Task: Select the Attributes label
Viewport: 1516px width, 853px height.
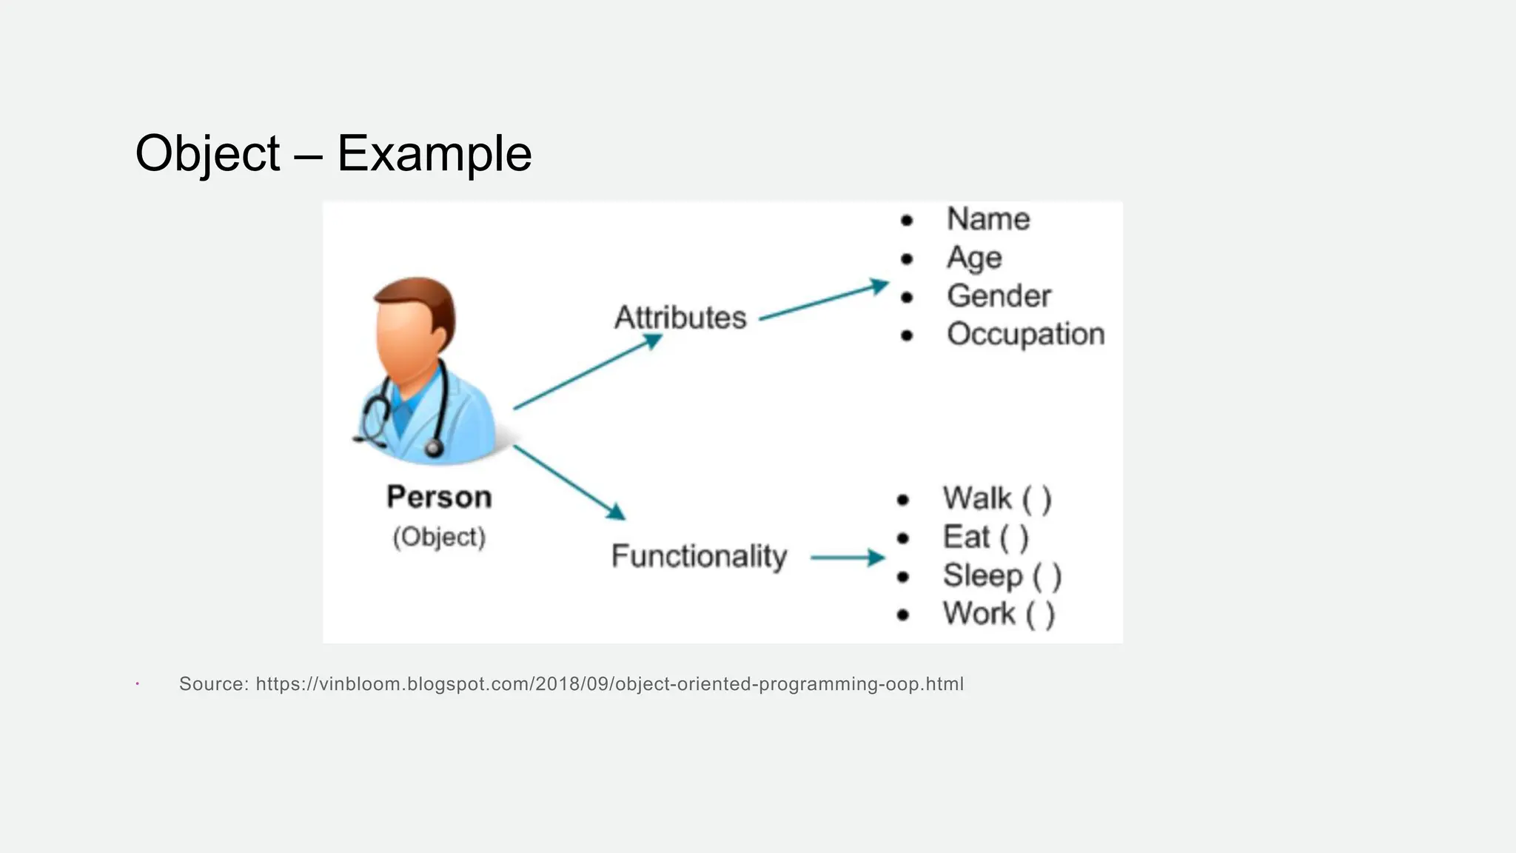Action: coord(680,317)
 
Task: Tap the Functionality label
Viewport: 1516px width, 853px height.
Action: coord(699,556)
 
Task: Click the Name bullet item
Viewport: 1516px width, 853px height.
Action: coord(988,219)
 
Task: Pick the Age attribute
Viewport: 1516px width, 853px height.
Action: coord(974,258)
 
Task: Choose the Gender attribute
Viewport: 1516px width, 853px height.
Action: coord(999,296)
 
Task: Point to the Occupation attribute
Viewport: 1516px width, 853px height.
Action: coord(1025,334)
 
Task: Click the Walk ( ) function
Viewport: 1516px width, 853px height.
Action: coord(996,498)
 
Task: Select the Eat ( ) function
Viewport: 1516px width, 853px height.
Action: coord(985,537)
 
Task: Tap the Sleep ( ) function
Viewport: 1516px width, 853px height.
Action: coord(1002,575)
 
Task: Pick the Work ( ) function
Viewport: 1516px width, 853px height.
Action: coord(998,614)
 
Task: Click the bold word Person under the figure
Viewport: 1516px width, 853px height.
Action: coord(439,497)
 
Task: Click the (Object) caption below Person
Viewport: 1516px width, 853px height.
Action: coord(439,537)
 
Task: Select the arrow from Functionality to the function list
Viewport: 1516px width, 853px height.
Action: coord(847,558)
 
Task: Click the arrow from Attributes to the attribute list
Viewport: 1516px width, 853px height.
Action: coord(823,301)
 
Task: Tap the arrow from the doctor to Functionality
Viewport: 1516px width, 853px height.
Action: coord(568,482)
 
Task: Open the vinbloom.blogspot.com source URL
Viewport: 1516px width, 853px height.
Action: coord(609,683)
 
